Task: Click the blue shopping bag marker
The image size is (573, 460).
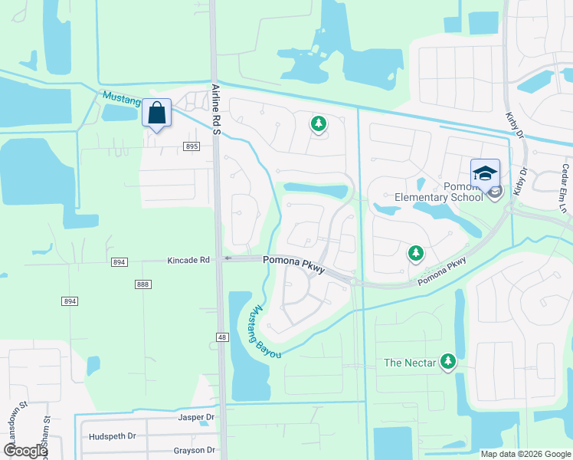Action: point(156,114)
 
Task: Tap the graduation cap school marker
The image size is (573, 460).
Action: point(484,172)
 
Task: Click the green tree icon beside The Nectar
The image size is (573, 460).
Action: point(448,362)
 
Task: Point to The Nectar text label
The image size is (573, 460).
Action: point(410,363)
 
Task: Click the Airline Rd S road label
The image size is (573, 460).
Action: point(216,111)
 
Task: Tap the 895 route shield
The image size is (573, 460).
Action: point(192,146)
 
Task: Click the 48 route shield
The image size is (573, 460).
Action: point(222,337)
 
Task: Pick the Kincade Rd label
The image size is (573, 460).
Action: point(188,261)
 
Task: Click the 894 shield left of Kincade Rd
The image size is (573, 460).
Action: point(119,261)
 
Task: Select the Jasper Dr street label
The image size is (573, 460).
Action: point(195,418)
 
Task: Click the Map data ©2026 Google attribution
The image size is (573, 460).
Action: point(524,454)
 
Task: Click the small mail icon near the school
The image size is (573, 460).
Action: point(495,192)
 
